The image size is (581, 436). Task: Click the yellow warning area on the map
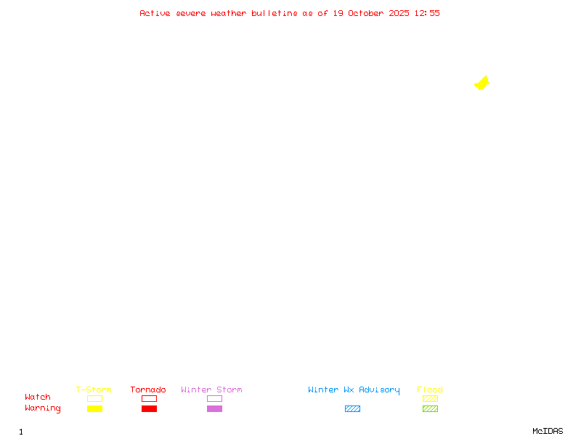(x=482, y=84)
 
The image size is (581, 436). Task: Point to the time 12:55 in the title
(x=427, y=13)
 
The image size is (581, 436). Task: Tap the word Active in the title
(x=155, y=13)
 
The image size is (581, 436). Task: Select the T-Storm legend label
(x=94, y=389)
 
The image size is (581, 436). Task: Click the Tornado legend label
(x=148, y=389)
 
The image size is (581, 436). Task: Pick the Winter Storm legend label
(x=211, y=389)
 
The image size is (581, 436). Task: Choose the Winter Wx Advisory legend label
(x=354, y=389)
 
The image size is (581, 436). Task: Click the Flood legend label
(x=430, y=389)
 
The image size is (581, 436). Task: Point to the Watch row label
(x=38, y=397)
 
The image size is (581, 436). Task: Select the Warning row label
(x=43, y=408)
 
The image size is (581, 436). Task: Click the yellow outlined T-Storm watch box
(x=94, y=398)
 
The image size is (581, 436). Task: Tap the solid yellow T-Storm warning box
(x=94, y=408)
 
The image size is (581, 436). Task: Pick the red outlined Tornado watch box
(x=149, y=398)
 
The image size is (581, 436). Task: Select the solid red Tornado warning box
(x=149, y=408)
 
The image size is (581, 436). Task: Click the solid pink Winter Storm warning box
(x=214, y=408)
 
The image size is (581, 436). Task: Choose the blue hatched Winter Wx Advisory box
(x=352, y=408)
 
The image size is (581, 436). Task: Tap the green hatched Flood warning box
(x=430, y=408)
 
